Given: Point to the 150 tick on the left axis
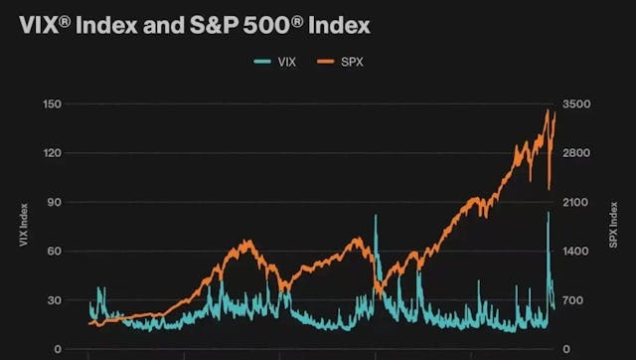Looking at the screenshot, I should (53, 104).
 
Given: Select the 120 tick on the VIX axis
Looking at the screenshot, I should (53, 153).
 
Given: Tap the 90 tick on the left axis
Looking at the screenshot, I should (55, 202).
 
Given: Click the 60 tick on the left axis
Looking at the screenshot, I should (55, 251).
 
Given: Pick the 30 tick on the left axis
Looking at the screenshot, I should (55, 300).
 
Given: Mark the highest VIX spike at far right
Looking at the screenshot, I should (548, 213).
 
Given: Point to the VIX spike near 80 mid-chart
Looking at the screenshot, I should (376, 216).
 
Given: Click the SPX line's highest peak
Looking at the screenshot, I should (547, 110).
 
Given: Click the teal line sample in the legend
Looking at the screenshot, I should (263, 61).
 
